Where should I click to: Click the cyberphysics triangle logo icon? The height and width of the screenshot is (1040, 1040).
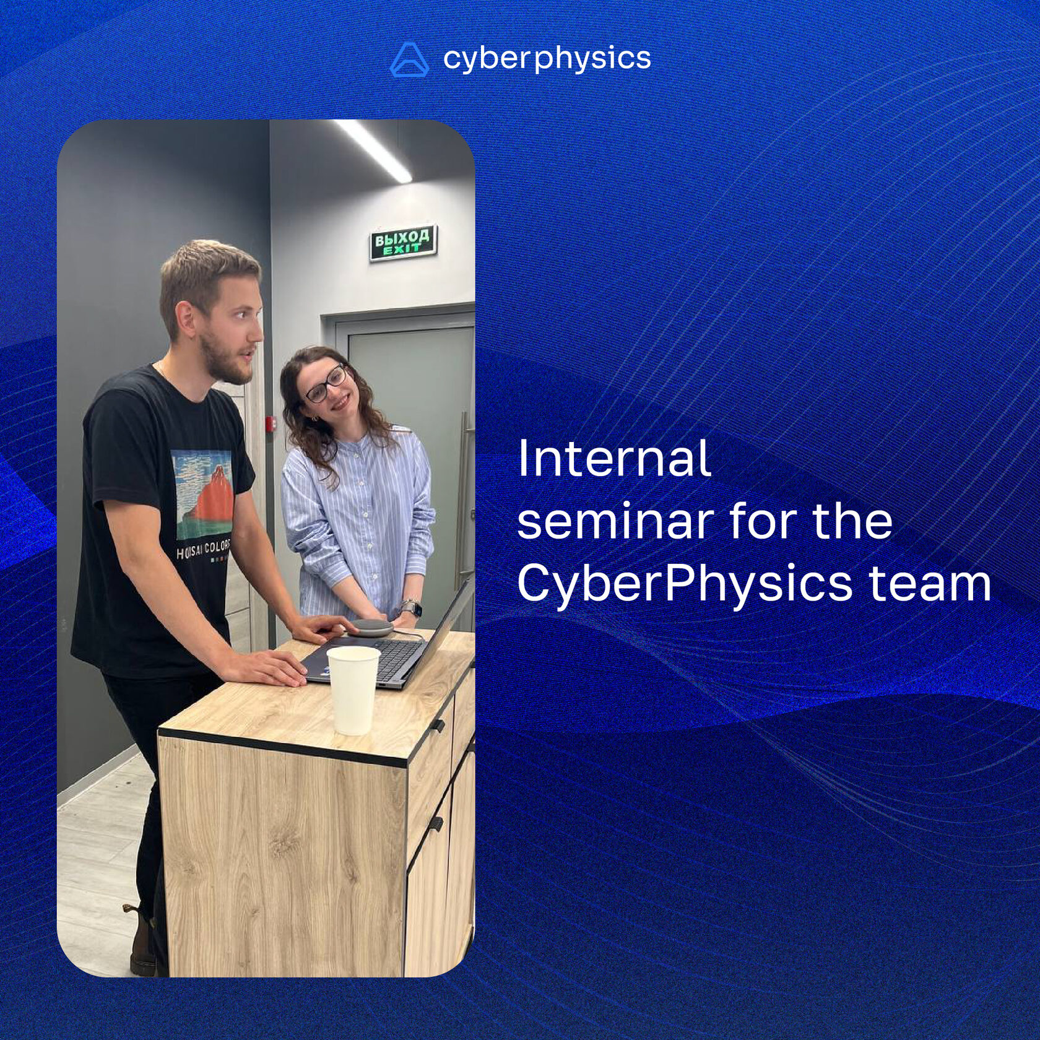(409, 60)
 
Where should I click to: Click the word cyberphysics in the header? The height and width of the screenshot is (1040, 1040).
(547, 59)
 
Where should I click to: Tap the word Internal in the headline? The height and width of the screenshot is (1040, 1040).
(613, 459)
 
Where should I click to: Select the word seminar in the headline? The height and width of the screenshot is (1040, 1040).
(615, 521)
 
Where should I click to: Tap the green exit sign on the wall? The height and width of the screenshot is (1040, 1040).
(403, 242)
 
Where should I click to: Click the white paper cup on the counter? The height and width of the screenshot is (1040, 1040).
(353, 690)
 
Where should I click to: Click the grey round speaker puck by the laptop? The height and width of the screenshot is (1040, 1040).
(371, 626)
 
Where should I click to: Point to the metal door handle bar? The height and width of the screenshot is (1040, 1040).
(462, 495)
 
